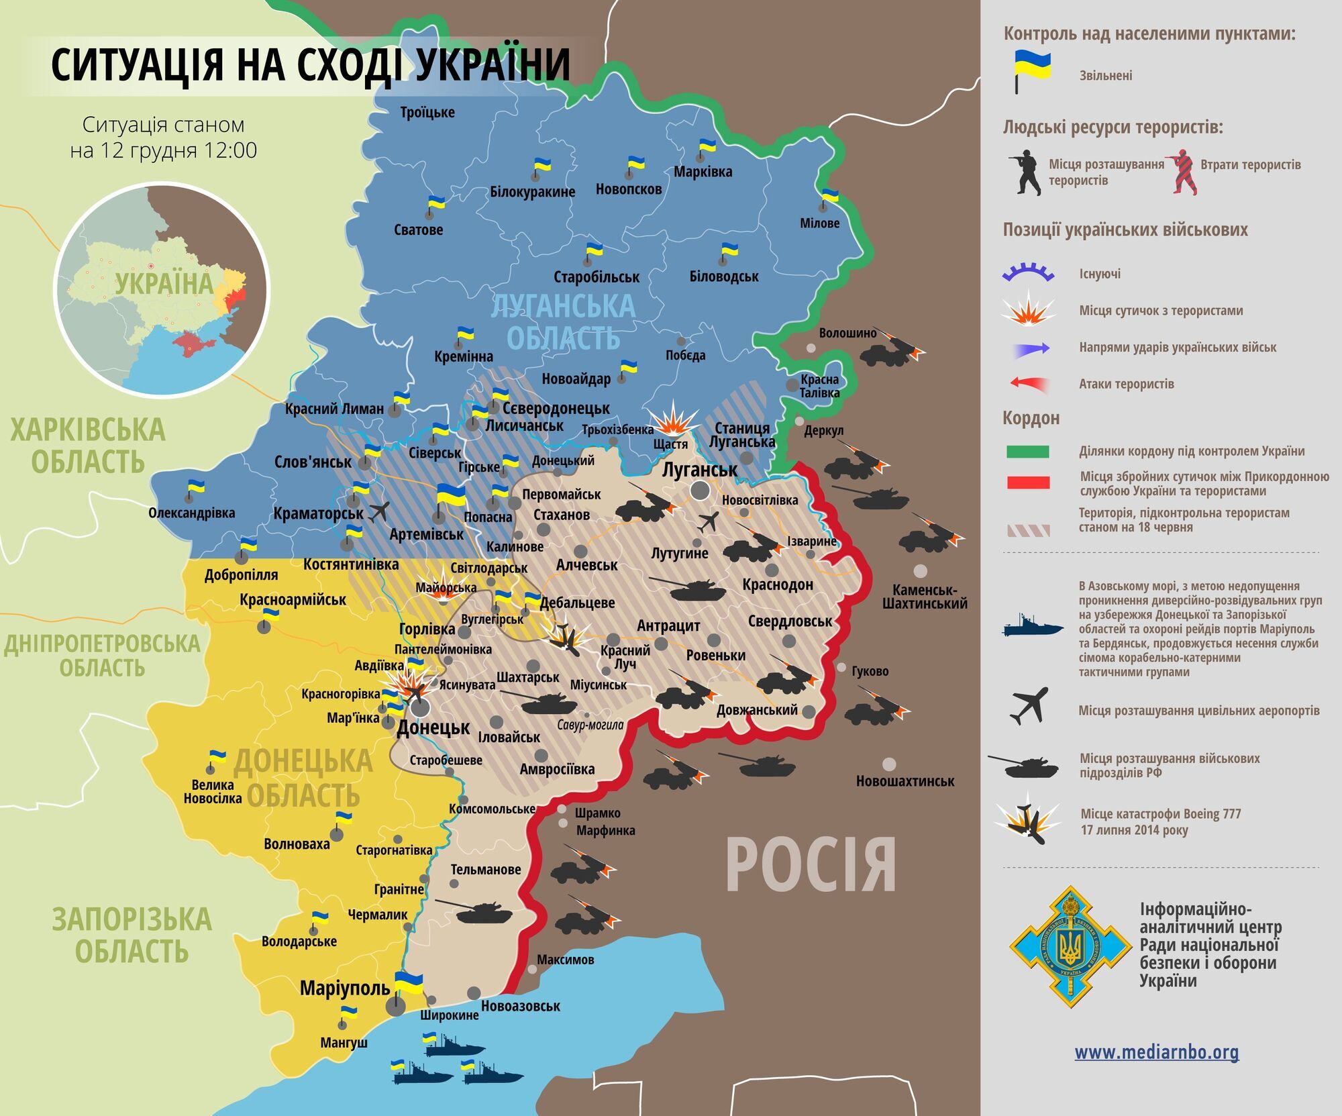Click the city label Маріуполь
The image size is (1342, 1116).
pos(344,988)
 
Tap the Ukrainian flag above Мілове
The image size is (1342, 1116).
pos(830,196)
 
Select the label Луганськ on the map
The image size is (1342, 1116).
pos(699,469)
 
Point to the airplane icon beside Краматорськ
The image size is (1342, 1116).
pos(378,511)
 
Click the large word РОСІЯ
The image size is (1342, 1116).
pos(811,866)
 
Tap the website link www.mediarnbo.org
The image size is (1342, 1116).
pos(1156,1052)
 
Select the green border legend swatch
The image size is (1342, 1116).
pos(1027,452)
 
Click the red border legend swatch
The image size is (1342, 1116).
pos(1027,483)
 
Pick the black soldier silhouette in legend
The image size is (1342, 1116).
pos(1025,172)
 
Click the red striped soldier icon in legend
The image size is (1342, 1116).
pos(1183,172)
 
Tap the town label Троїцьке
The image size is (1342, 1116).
pos(427,112)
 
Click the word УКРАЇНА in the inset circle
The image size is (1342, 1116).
pos(163,283)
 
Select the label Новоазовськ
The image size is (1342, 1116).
pos(520,1006)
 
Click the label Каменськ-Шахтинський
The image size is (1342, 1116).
pos(925,597)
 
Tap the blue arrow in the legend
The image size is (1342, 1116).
pos(1032,348)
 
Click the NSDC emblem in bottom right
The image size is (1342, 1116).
pos(1070,947)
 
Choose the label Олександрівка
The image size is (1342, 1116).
pos(192,513)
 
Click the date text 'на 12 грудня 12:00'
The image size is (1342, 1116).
pos(163,150)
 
